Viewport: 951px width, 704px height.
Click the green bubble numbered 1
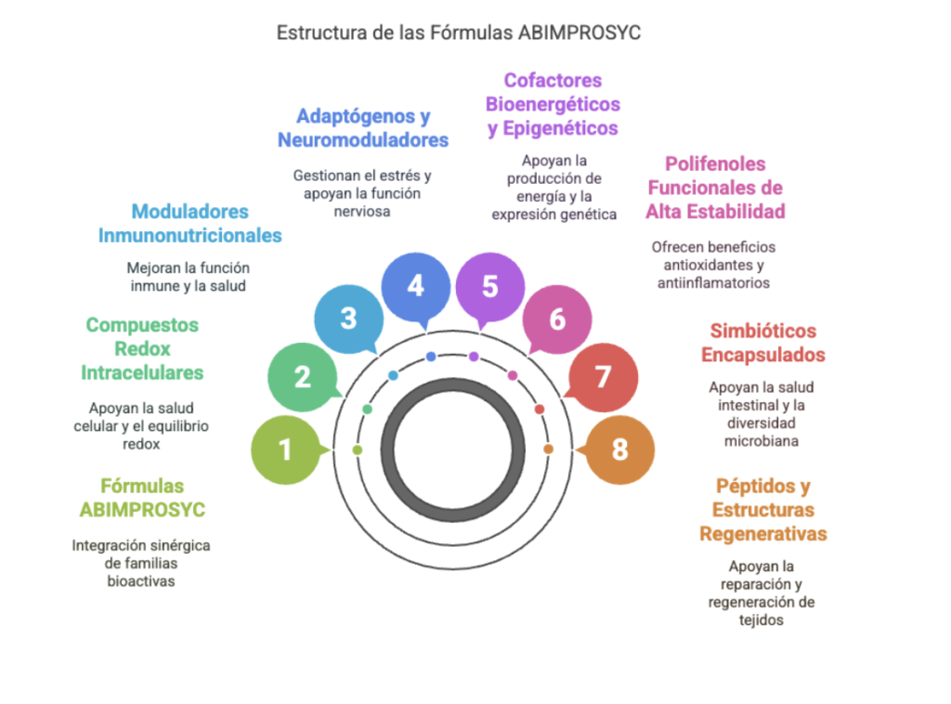tap(285, 450)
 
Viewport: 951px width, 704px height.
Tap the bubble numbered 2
tap(302, 377)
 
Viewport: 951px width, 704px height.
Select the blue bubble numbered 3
tap(348, 319)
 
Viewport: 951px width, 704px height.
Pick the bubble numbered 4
tap(415, 285)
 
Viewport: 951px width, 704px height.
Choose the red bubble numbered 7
tap(603, 377)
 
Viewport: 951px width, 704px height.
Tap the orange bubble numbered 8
tap(619, 450)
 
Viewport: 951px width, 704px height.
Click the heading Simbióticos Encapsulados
tap(762, 343)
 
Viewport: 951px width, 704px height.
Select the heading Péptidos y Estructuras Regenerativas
tap(762, 510)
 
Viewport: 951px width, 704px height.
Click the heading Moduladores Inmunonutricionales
tap(190, 223)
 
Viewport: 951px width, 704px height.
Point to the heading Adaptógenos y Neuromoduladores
tap(363, 128)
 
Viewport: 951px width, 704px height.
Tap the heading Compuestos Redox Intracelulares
tap(142, 348)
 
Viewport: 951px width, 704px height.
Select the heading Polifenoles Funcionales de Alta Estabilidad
tap(715, 188)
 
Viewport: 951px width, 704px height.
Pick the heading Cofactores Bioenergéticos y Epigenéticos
tap(553, 104)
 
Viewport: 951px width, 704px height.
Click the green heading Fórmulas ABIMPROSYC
tap(142, 498)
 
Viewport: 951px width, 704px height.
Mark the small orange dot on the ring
tap(548, 450)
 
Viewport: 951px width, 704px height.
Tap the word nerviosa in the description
tap(362, 211)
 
